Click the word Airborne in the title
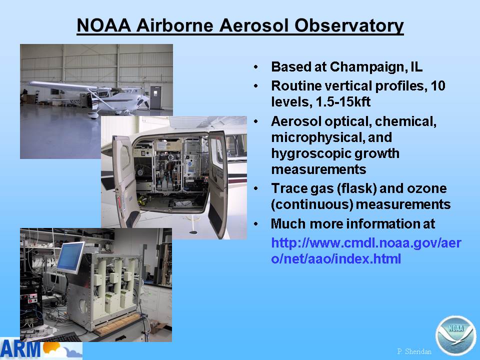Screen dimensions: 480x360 tap(175, 25)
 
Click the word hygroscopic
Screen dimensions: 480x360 tap(335, 153)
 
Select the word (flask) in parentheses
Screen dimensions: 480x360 tap(356, 189)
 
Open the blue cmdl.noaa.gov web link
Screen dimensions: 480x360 tap(366, 251)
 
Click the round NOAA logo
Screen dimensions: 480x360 tap(456, 335)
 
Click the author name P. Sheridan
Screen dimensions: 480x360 tap(414, 351)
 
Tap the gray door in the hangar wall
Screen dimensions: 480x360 tap(155, 97)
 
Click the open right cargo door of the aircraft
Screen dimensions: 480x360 tap(218, 183)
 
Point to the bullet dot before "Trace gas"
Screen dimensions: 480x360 tap(255, 188)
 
